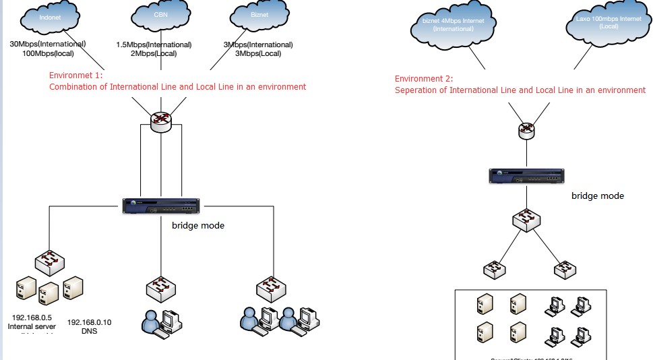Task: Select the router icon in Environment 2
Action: point(527,130)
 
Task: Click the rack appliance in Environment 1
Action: point(161,206)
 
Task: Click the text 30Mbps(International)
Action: point(47,44)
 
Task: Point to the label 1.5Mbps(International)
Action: point(154,44)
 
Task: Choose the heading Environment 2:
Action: point(424,79)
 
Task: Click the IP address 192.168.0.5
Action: point(33,317)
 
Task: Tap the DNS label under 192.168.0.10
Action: point(89,331)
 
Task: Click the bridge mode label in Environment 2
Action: point(598,196)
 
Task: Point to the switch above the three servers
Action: point(49,262)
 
